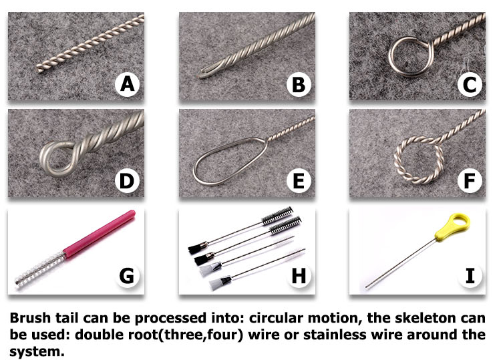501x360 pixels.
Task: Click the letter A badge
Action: point(127,84)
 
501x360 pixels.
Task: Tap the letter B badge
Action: point(299,84)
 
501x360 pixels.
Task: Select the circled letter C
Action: point(470,84)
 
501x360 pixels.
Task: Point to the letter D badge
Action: point(127,181)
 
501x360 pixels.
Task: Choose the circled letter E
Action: point(299,181)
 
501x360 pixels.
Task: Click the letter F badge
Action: point(470,181)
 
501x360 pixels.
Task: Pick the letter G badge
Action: point(127,275)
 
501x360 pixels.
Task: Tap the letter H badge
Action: point(299,275)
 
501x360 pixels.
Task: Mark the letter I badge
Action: point(470,275)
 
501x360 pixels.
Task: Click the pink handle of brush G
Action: point(99,233)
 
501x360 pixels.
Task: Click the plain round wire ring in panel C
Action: point(389,57)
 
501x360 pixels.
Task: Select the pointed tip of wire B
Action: point(199,76)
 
